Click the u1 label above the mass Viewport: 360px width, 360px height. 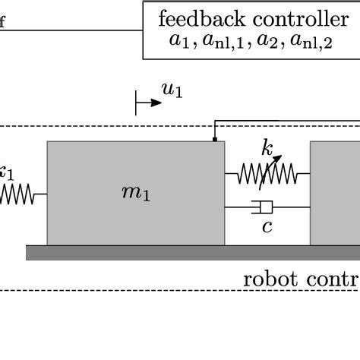coord(172,91)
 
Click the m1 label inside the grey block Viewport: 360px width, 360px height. coord(136,193)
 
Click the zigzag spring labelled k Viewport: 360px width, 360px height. coord(267,175)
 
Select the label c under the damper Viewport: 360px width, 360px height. coord(267,226)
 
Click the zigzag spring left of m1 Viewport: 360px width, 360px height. coord(17,194)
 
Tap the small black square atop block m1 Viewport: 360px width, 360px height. coord(214,139)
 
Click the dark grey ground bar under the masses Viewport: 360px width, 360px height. coord(190,253)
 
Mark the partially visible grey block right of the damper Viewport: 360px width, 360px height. coord(335,193)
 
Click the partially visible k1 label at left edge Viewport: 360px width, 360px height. coord(6,172)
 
